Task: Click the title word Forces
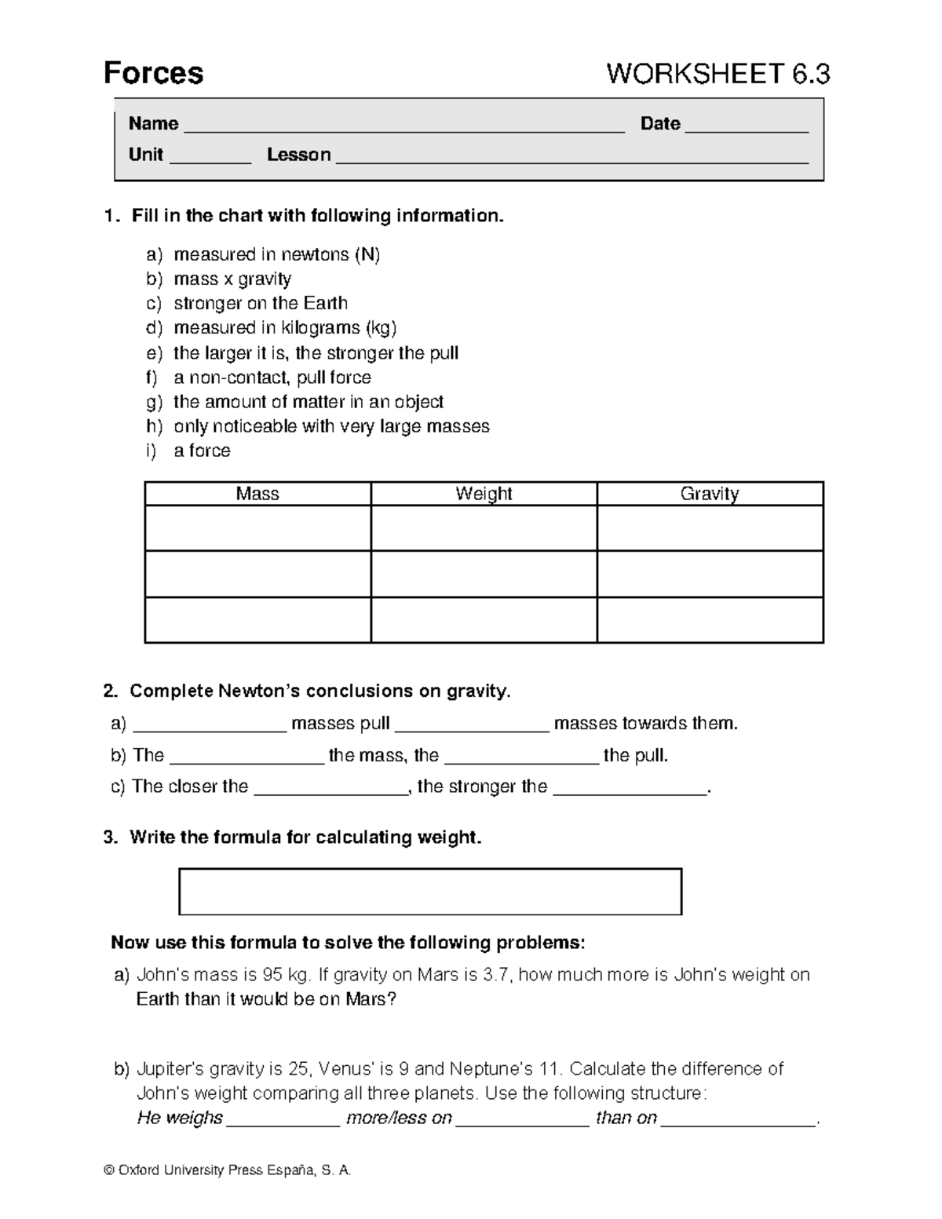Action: [153, 73]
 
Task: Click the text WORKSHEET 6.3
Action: [717, 74]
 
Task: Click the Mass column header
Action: [257, 494]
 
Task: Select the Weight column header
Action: [484, 494]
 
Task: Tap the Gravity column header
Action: [710, 494]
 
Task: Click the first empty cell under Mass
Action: [257, 527]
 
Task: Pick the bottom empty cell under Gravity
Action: [710, 620]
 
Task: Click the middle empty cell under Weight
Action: [484, 574]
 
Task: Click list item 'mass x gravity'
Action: [232, 279]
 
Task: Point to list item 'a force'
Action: [202, 451]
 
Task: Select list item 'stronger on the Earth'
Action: [260, 303]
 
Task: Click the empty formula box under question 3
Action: [430, 892]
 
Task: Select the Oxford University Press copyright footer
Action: [228, 1170]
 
